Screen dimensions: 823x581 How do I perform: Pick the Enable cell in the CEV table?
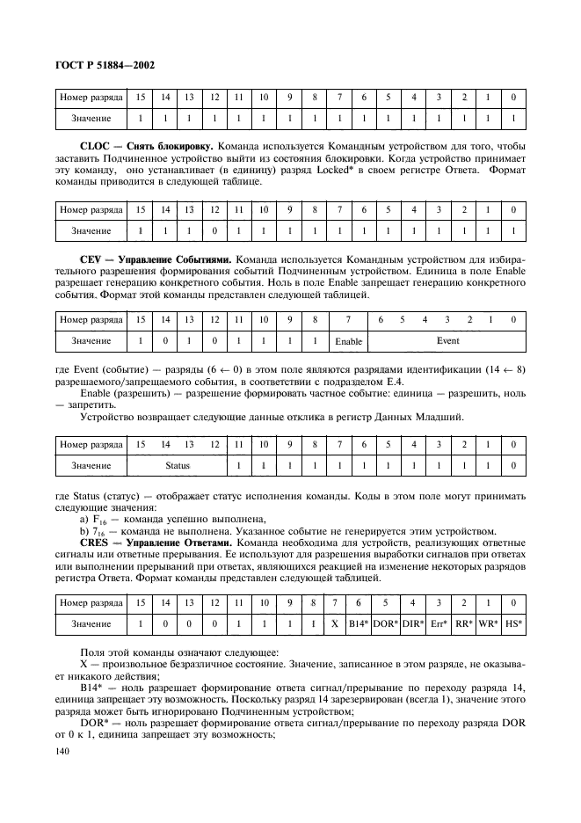click(x=349, y=340)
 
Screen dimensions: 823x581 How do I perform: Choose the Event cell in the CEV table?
click(x=447, y=339)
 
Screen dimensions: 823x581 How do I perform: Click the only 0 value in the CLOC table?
click(x=214, y=230)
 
